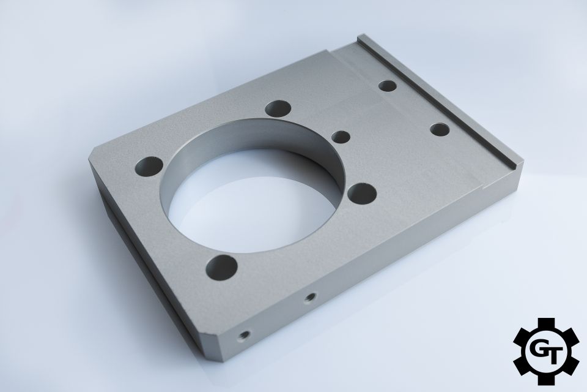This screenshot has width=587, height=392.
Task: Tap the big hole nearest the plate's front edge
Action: point(221,268)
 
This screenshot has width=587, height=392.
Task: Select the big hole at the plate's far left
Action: point(149,167)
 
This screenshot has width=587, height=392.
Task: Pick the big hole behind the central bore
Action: point(278,109)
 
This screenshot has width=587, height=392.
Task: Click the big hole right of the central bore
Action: point(361,194)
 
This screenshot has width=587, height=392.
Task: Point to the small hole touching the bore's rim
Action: point(341,137)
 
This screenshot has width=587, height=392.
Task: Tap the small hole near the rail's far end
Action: point(388,86)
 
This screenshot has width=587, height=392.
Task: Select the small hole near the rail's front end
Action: point(440,129)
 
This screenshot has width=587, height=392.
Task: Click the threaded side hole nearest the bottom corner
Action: point(245,334)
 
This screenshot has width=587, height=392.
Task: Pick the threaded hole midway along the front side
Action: point(309,298)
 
